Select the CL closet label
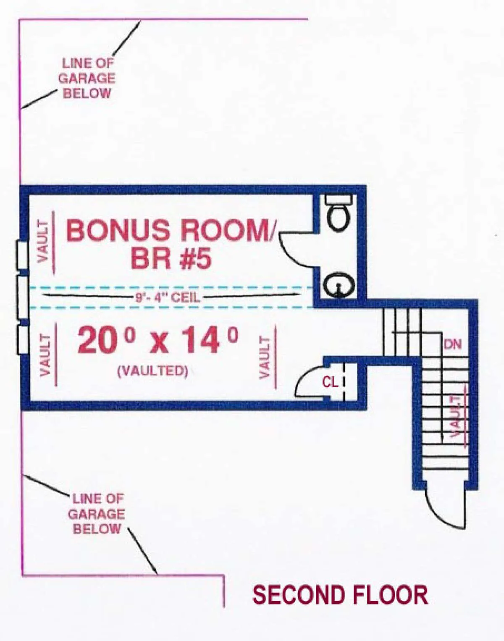[330, 382]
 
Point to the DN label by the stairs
[452, 344]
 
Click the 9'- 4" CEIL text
[168, 297]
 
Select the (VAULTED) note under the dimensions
[153, 371]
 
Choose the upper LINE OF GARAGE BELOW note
[87, 78]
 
